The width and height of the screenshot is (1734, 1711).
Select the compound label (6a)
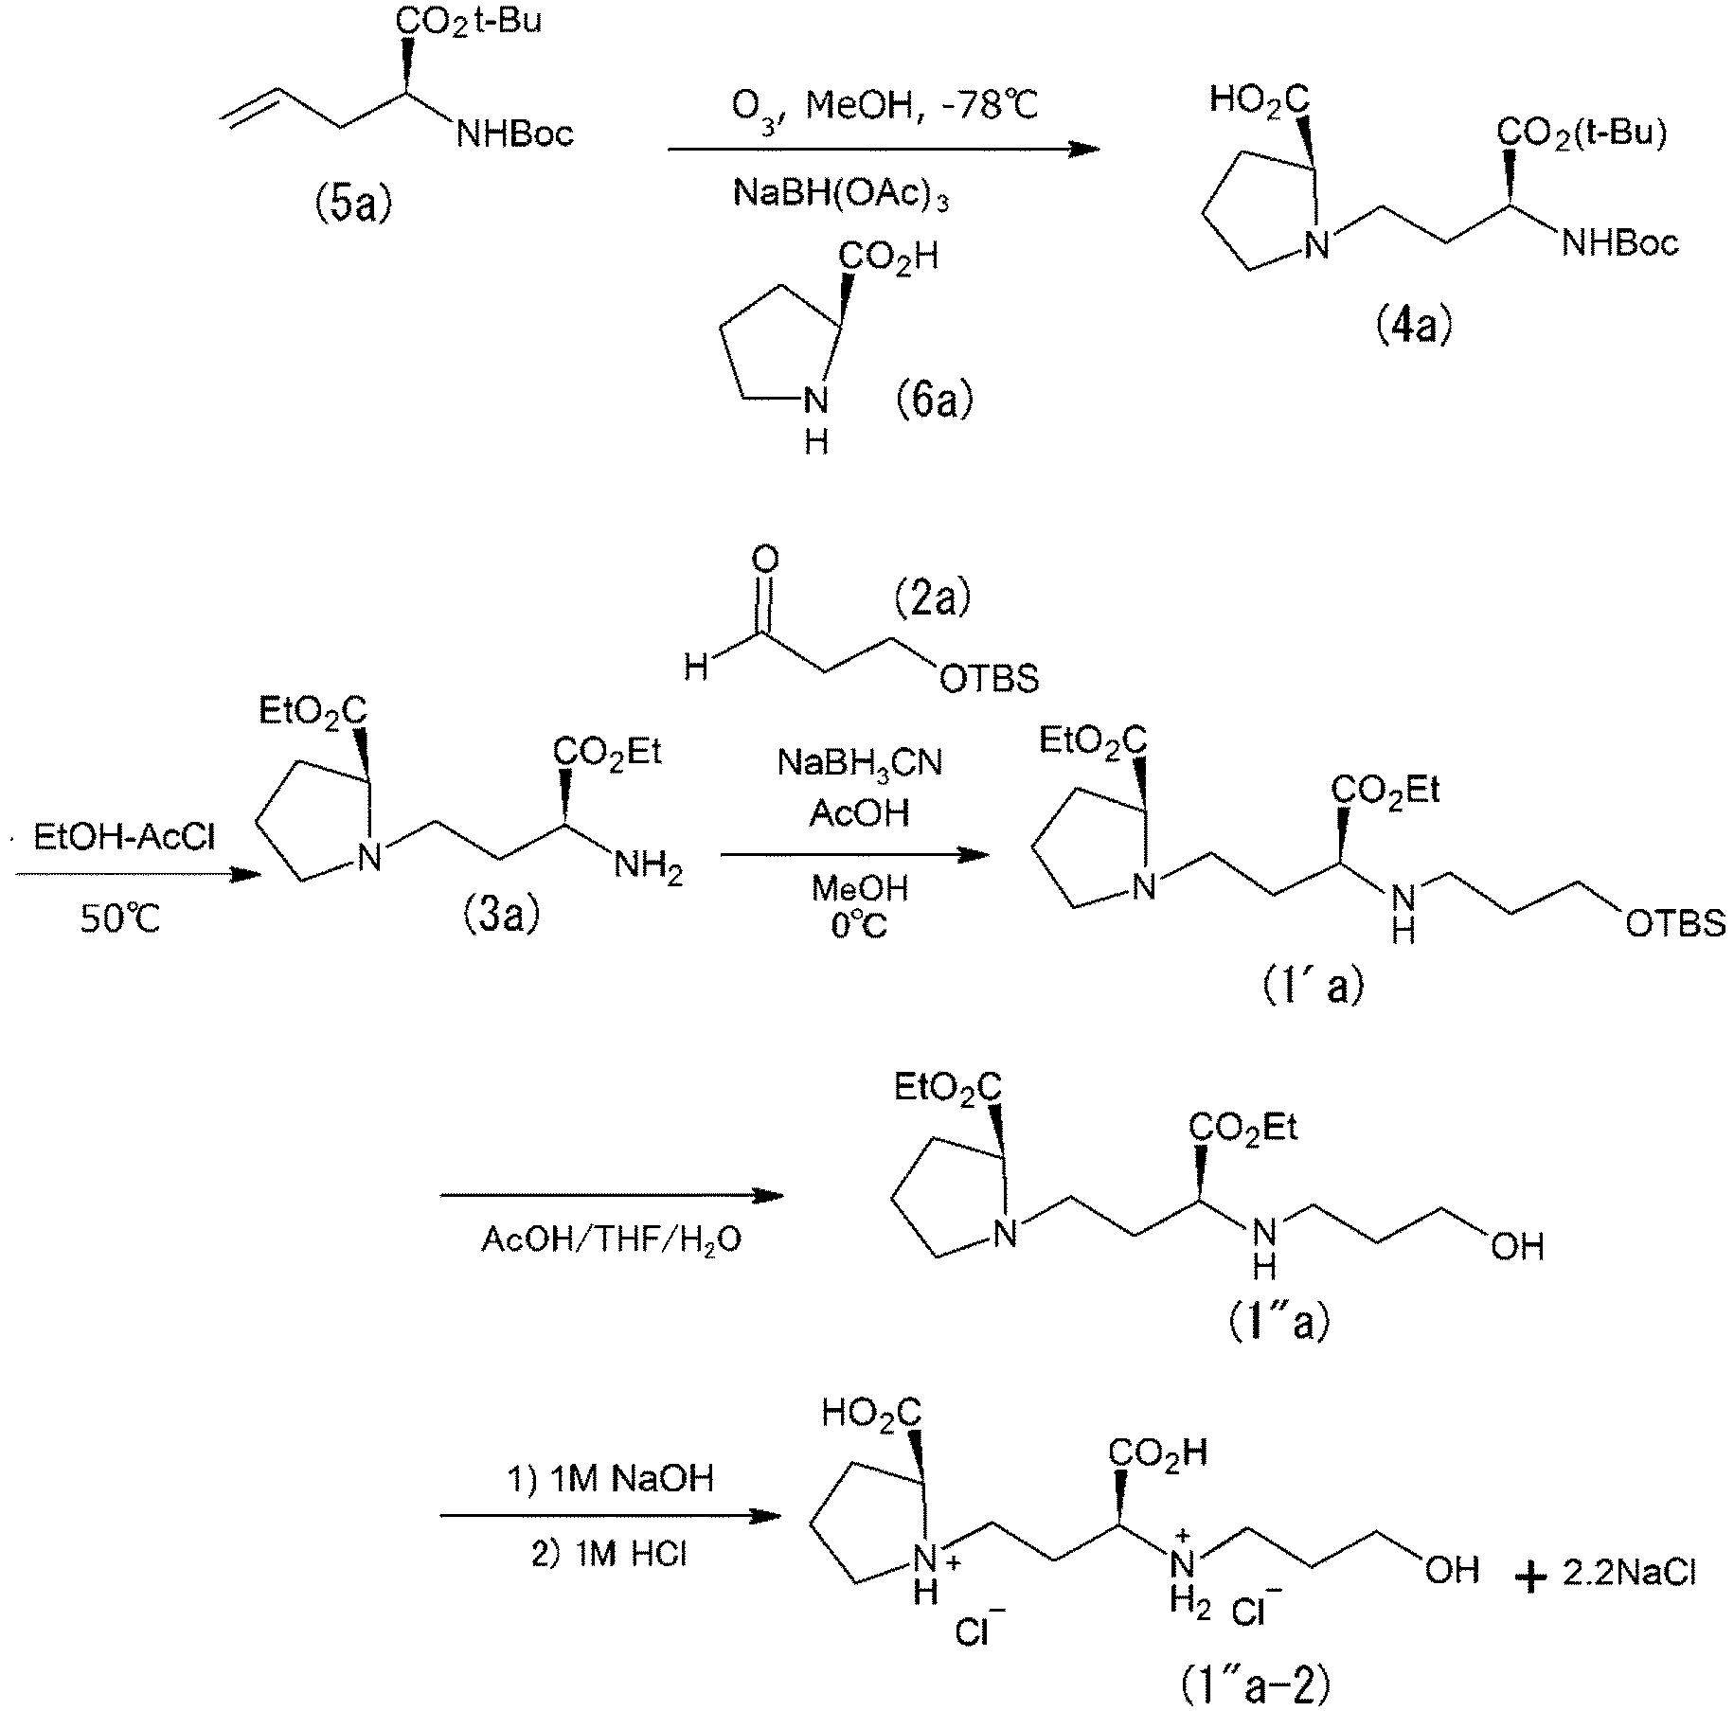click(x=935, y=399)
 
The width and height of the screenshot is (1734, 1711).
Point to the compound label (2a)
click(x=933, y=597)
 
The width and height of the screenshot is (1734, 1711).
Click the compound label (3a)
click(x=501, y=915)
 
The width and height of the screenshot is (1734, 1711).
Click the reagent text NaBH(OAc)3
click(x=841, y=195)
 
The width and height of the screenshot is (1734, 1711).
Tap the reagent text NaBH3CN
click(x=860, y=764)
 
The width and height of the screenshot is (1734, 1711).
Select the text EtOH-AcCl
click(x=123, y=837)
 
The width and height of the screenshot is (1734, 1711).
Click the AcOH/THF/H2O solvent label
click(x=612, y=1239)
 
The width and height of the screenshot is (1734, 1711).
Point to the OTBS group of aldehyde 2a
click(x=987, y=678)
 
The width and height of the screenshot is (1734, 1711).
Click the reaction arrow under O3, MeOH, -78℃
click(x=885, y=150)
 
